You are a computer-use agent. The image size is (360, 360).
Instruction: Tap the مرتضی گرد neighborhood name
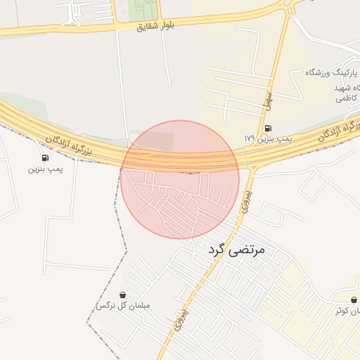point(236,249)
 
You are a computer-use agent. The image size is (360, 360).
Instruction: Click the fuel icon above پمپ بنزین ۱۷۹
point(268,128)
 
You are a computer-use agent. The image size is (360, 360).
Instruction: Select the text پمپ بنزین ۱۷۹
point(267,139)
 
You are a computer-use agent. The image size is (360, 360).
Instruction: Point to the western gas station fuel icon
point(46,157)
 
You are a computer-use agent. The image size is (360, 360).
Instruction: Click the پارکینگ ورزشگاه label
point(332,72)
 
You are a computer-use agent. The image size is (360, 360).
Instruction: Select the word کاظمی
point(344,98)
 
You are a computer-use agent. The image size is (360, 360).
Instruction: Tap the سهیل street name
point(268,100)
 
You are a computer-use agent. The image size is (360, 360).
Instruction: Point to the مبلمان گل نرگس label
point(123,306)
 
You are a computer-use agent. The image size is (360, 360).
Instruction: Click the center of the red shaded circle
point(180,179)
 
